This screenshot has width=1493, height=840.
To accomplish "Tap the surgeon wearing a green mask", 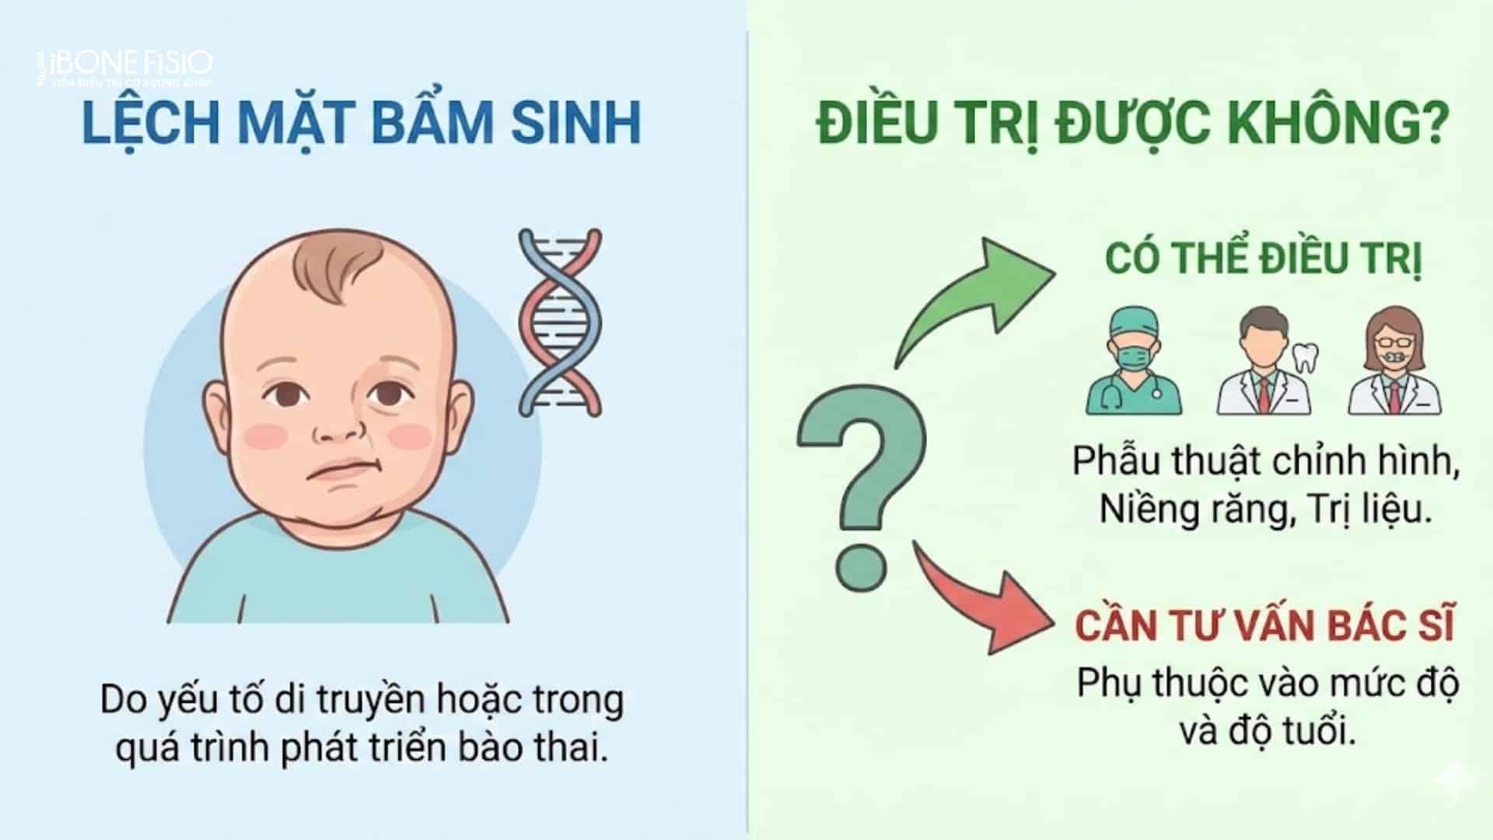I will point(1132,362).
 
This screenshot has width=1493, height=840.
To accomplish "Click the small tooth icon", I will point(1305,358).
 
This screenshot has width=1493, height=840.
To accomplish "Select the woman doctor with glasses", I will point(1394,362).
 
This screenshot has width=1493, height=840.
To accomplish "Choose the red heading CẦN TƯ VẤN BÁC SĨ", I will point(1264,626).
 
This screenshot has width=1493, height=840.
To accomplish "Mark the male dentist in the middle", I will point(1263,362).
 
